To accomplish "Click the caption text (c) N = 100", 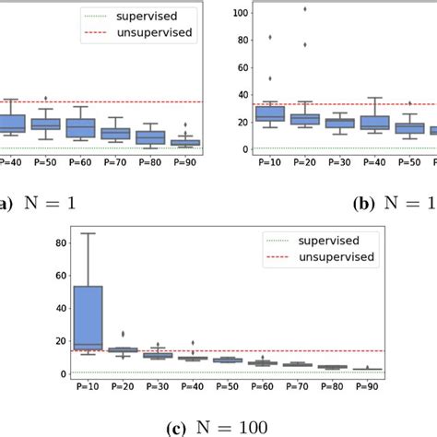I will coord(218,426).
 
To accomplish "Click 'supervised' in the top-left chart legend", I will coord(148,16).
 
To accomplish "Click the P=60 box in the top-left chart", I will coord(80,128).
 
